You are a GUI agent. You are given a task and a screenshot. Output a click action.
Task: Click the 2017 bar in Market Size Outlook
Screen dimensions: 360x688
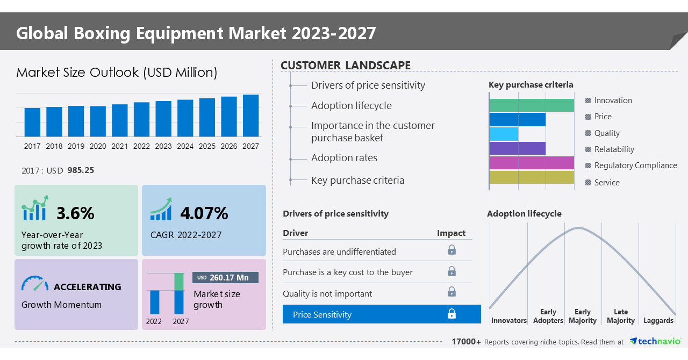pyautogui.click(x=32, y=122)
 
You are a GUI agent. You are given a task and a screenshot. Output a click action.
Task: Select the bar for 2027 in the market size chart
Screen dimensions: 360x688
pyautogui.click(x=250, y=116)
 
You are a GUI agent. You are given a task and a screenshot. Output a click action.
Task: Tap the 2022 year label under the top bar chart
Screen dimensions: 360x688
pyautogui.click(x=141, y=146)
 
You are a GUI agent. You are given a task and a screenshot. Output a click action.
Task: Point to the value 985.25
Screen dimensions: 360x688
pyautogui.click(x=81, y=170)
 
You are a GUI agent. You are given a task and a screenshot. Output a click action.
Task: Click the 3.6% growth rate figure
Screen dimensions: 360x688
pyautogui.click(x=75, y=213)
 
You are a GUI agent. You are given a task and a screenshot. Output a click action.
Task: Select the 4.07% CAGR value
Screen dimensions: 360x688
pyautogui.click(x=204, y=213)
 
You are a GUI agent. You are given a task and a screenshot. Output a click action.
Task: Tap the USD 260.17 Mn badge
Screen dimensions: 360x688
pyautogui.click(x=225, y=278)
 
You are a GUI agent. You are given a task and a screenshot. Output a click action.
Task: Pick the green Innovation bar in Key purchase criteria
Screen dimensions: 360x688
pyautogui.click(x=531, y=105)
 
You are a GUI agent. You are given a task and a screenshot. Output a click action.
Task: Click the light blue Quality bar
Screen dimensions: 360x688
pyautogui.click(x=504, y=134)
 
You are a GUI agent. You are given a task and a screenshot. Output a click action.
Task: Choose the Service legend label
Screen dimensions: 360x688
pyautogui.click(x=607, y=183)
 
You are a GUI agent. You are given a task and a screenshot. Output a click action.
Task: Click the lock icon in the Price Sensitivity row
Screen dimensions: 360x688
pyautogui.click(x=451, y=314)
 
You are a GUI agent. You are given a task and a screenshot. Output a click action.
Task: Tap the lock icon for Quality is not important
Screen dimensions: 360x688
pyautogui.click(x=451, y=292)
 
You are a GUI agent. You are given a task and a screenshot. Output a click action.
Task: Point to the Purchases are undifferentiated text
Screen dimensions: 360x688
pyautogui.click(x=339, y=251)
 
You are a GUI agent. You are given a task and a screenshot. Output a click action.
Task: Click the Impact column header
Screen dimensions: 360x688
pyautogui.click(x=451, y=233)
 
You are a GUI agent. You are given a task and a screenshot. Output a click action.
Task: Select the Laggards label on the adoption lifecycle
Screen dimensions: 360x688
pyautogui.click(x=658, y=320)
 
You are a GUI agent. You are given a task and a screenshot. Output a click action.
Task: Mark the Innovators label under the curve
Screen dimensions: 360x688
pyautogui.click(x=508, y=320)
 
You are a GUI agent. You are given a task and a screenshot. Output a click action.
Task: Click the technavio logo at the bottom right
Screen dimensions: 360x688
pyautogui.click(x=655, y=341)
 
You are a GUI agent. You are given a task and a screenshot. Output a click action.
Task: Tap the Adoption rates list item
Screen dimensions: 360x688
pyautogui.click(x=344, y=158)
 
